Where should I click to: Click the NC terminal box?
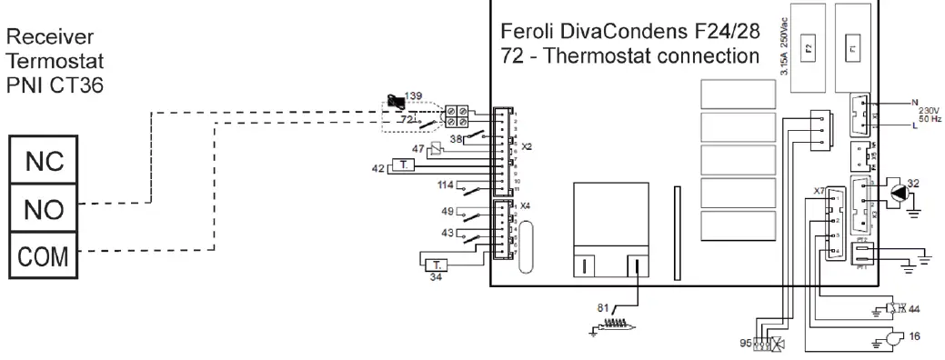point(44,163)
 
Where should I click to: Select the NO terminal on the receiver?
point(44,210)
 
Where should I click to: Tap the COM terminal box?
point(44,256)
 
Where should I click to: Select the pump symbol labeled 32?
point(899,193)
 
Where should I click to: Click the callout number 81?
point(601,308)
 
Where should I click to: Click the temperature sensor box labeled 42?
point(405,165)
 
